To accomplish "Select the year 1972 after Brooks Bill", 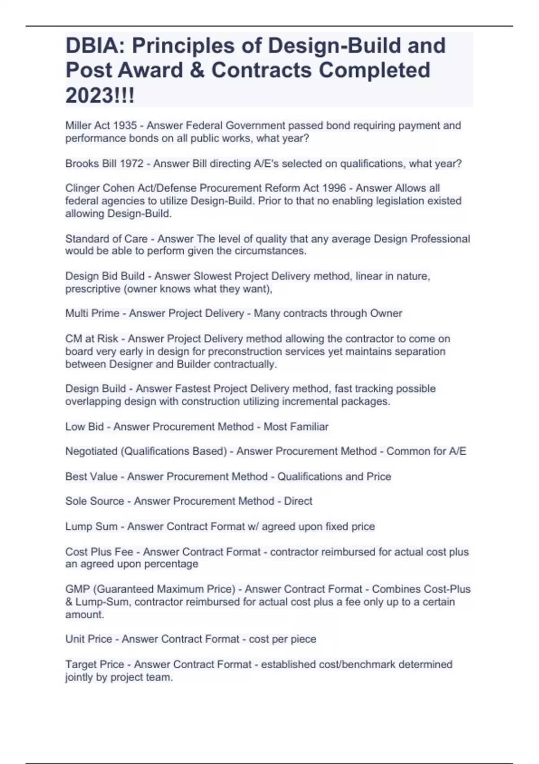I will [132, 164].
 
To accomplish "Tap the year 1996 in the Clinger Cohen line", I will [334, 188].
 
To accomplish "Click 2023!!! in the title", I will [100, 95].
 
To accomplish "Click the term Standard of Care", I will [106, 239].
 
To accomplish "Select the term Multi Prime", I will [92, 313].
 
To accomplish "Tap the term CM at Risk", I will [92, 338].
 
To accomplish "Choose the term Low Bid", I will [84, 426].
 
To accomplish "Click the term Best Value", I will [91, 476].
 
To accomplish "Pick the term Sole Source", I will [94, 501].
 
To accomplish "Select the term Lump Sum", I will [91, 526].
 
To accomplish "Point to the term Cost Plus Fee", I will [99, 551].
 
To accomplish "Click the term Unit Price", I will [88, 639].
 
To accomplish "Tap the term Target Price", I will [94, 664].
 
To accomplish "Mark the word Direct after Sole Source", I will [298, 501].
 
